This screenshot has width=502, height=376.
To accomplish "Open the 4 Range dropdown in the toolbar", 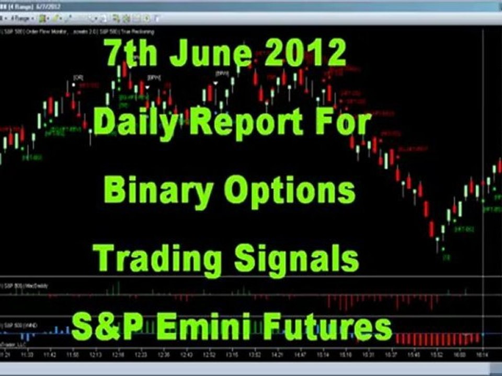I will [24, 19].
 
